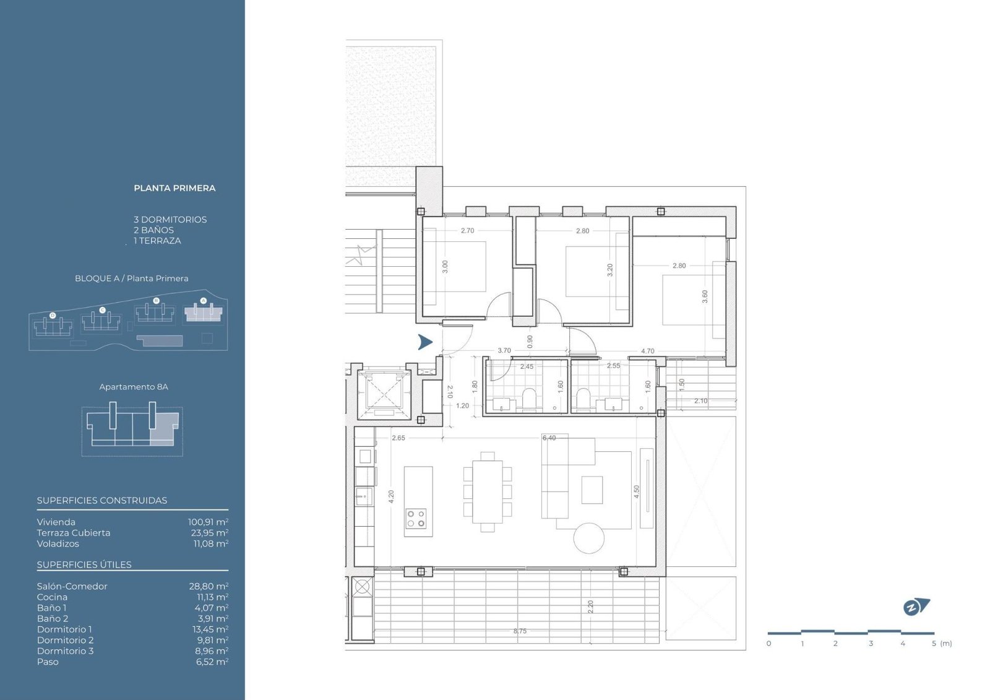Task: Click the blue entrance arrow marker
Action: click(x=424, y=342)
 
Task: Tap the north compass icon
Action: click(x=916, y=607)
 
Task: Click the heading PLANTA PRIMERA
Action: click(x=174, y=188)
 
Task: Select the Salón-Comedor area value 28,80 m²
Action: click(x=209, y=586)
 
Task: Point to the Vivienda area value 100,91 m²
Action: click(x=208, y=522)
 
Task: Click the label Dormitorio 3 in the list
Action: click(x=66, y=650)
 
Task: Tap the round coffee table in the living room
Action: click(x=588, y=538)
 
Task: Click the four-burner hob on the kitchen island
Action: click(x=416, y=519)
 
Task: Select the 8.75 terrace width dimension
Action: click(x=520, y=631)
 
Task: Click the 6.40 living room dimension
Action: click(x=549, y=438)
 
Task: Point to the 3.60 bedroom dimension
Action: click(x=705, y=296)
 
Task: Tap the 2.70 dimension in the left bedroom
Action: click(x=467, y=230)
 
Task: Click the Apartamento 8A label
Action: click(x=134, y=386)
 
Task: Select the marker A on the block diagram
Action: click(x=204, y=301)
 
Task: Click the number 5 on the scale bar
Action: click(x=934, y=644)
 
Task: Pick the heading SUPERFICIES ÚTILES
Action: click(x=84, y=564)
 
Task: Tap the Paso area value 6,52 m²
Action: click(x=212, y=662)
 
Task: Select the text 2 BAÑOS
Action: click(x=154, y=230)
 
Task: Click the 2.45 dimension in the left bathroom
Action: click(x=527, y=366)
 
